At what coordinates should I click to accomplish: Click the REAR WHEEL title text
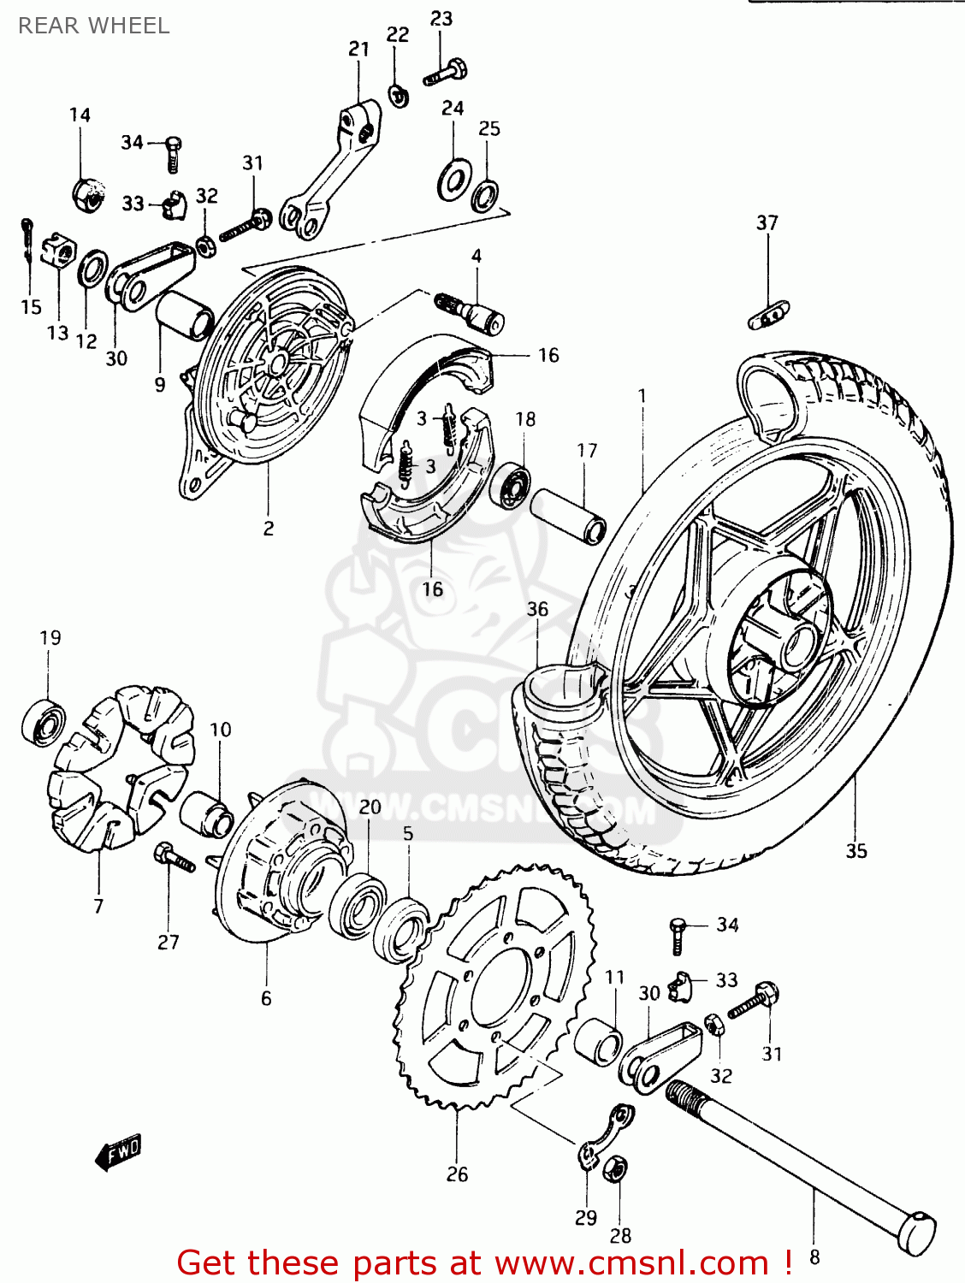pyautogui.click(x=94, y=26)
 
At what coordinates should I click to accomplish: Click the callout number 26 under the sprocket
pyautogui.click(x=457, y=1174)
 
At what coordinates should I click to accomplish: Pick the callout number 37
pyautogui.click(x=767, y=222)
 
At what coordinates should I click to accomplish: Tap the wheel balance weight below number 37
pyautogui.click(x=769, y=315)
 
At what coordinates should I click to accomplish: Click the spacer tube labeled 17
pyautogui.click(x=567, y=516)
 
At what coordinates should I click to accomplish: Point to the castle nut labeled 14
pyautogui.click(x=88, y=194)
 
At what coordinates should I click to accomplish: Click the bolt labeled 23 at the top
pyautogui.click(x=445, y=72)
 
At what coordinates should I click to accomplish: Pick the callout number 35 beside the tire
pyautogui.click(x=855, y=851)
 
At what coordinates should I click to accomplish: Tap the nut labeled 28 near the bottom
pyautogui.click(x=614, y=1169)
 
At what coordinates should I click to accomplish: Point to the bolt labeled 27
pyautogui.click(x=174, y=857)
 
